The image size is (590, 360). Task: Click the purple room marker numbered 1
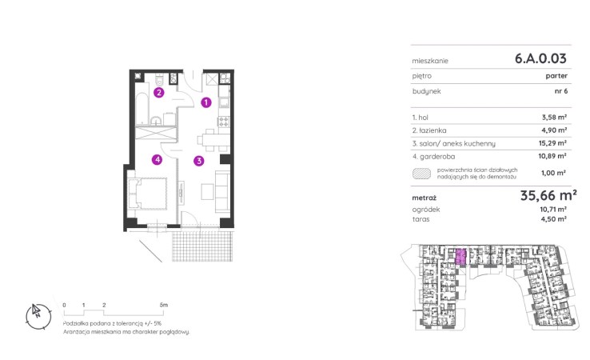click(x=205, y=102)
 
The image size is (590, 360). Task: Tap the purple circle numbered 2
click(x=159, y=92)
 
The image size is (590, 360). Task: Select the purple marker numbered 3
click(x=199, y=161)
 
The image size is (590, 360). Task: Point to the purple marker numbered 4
click(x=157, y=160)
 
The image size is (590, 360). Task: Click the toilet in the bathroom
click(x=160, y=80)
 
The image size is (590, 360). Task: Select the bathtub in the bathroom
click(x=142, y=108)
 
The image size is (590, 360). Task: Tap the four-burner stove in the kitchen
click(x=224, y=122)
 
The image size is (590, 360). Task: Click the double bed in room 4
click(x=147, y=194)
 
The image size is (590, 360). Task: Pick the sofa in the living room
click(x=222, y=191)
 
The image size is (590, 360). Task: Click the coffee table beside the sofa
click(x=207, y=191)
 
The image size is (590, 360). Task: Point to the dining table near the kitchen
click(x=213, y=141)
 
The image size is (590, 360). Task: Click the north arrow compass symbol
click(x=38, y=316)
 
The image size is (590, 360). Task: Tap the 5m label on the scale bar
click(x=164, y=305)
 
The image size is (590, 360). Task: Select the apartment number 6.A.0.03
click(x=540, y=58)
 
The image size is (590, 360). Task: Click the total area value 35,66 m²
click(x=548, y=195)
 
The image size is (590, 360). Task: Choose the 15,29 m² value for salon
click(x=552, y=143)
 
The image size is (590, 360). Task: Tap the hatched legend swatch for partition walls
click(x=422, y=174)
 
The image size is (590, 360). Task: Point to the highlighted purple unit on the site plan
click(x=461, y=257)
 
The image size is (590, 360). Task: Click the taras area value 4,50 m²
click(x=553, y=219)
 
